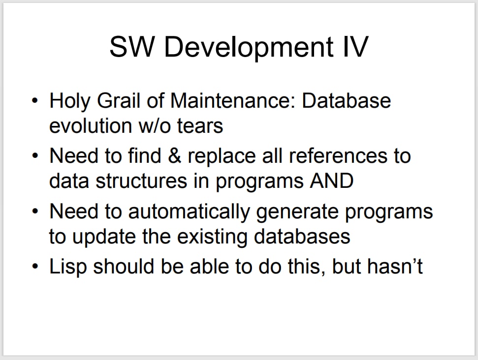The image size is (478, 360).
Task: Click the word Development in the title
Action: pos(249,48)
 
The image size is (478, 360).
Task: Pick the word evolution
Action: pos(91,126)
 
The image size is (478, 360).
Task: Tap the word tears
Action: pos(200,126)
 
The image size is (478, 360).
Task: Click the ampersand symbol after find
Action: pos(174,155)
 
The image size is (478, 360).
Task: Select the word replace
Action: pos(222,157)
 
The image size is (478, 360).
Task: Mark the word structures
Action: pos(141,181)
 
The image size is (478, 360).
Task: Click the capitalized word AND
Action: pos(332,180)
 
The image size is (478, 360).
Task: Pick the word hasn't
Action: pos(395,266)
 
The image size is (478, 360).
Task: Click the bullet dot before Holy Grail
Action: pos(35,100)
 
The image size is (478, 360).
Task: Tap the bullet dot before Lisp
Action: pos(35,267)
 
